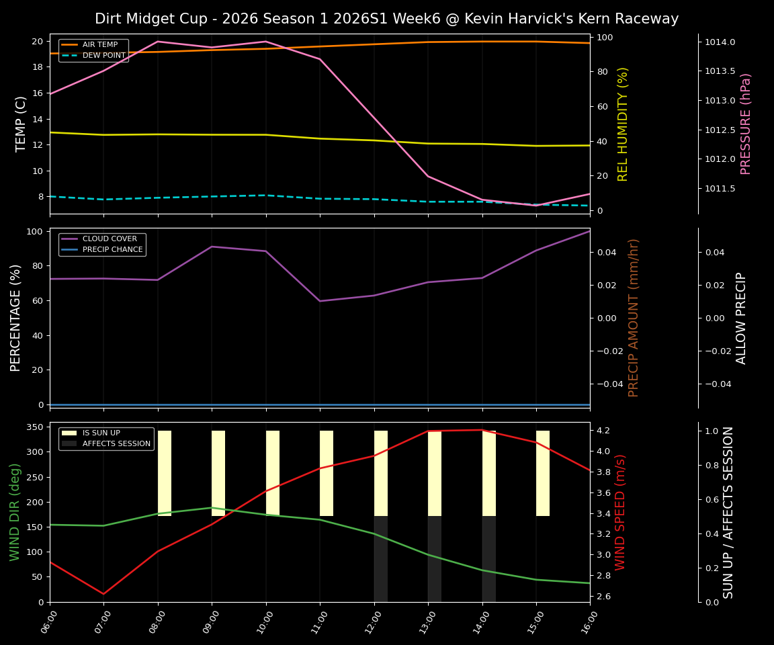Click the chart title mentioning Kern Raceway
click(x=386, y=19)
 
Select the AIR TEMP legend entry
click(x=99, y=45)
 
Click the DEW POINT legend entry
click(x=103, y=56)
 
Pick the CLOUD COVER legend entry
click(x=110, y=239)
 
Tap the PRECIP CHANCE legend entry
click(x=112, y=250)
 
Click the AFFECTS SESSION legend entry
click(x=116, y=444)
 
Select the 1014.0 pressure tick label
click(x=720, y=42)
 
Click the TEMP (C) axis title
click(x=21, y=124)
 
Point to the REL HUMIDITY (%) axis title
click(x=623, y=124)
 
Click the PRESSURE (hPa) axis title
click(x=746, y=124)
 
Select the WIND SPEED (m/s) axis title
click(x=620, y=512)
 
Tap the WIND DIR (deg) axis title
click(x=15, y=512)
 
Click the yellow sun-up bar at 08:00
click(x=165, y=473)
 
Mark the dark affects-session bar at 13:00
click(x=435, y=559)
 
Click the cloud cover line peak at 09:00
click(x=212, y=247)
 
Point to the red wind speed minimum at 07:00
click(x=103, y=594)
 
